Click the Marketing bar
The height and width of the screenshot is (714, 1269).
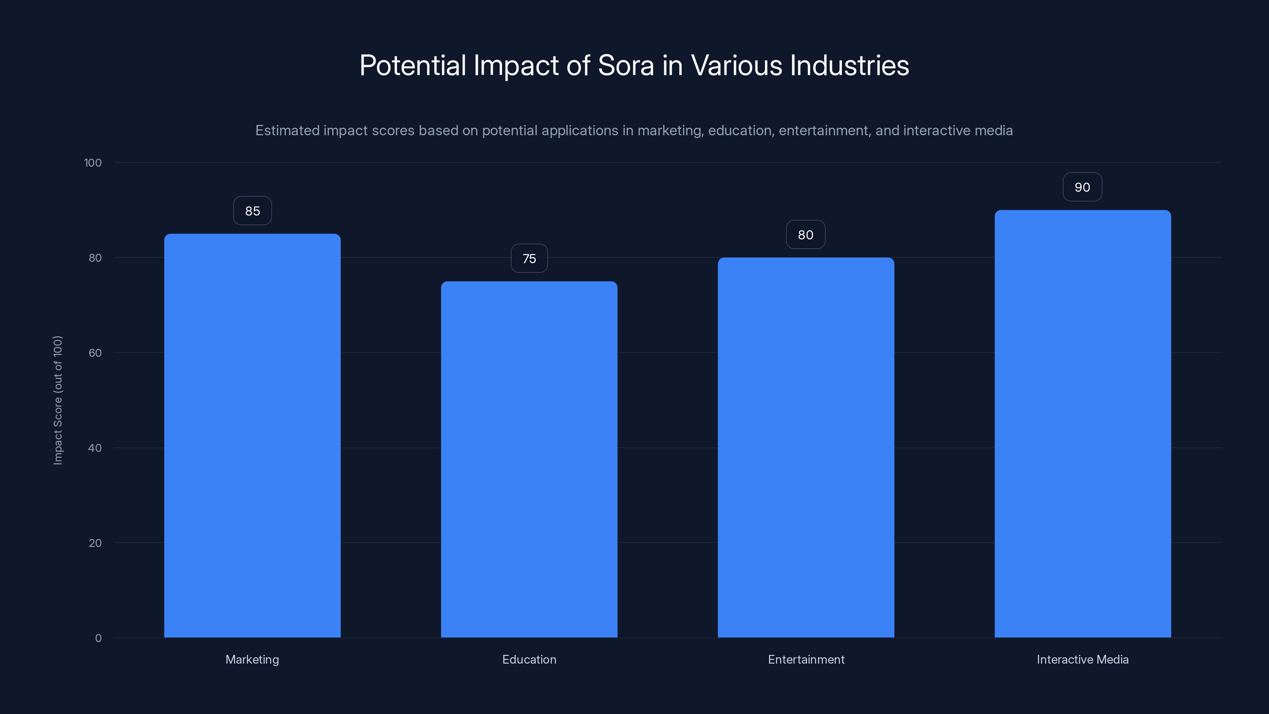(252, 436)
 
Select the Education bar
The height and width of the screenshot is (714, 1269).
(529, 459)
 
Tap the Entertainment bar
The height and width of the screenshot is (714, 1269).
(806, 447)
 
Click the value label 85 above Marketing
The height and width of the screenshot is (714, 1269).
(252, 211)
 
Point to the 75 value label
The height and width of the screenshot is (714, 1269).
(529, 259)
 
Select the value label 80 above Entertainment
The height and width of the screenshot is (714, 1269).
(805, 235)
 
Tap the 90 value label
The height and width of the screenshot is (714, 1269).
(1082, 187)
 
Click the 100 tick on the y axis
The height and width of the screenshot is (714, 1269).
(93, 163)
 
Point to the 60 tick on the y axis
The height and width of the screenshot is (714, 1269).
(95, 353)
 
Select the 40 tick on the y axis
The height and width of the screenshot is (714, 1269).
(95, 448)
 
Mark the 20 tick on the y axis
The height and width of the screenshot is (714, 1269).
(95, 543)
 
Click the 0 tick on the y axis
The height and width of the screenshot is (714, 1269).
(98, 638)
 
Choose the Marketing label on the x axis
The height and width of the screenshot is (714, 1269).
(252, 659)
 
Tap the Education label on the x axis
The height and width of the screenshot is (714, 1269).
(529, 659)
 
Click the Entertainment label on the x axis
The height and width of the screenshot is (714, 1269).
(806, 659)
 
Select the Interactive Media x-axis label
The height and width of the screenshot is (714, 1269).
(1082, 659)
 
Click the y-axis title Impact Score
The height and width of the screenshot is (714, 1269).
(58, 400)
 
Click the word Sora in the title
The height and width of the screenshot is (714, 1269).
(626, 65)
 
